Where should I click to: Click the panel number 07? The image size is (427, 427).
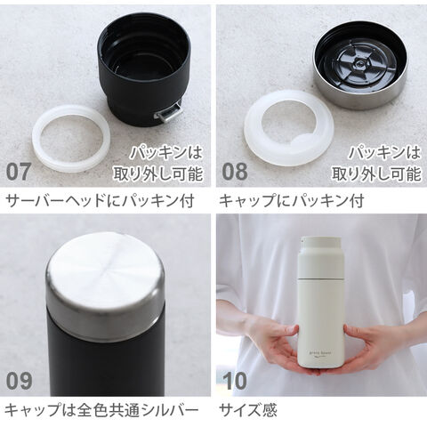point(19,172)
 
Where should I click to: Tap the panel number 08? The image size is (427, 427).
point(235,172)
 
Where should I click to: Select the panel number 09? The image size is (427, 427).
point(19,381)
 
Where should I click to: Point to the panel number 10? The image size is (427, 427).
point(235,381)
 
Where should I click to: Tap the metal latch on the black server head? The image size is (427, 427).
point(168,114)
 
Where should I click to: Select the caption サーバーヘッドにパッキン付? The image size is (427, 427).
point(101,201)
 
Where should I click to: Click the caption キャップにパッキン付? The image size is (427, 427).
point(291,201)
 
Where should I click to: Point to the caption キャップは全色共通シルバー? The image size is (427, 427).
point(101,410)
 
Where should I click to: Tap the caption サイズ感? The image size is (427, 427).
point(248,410)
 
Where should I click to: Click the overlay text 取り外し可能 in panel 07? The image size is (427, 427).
point(157,173)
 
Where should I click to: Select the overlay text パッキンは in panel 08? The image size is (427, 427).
point(384,152)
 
